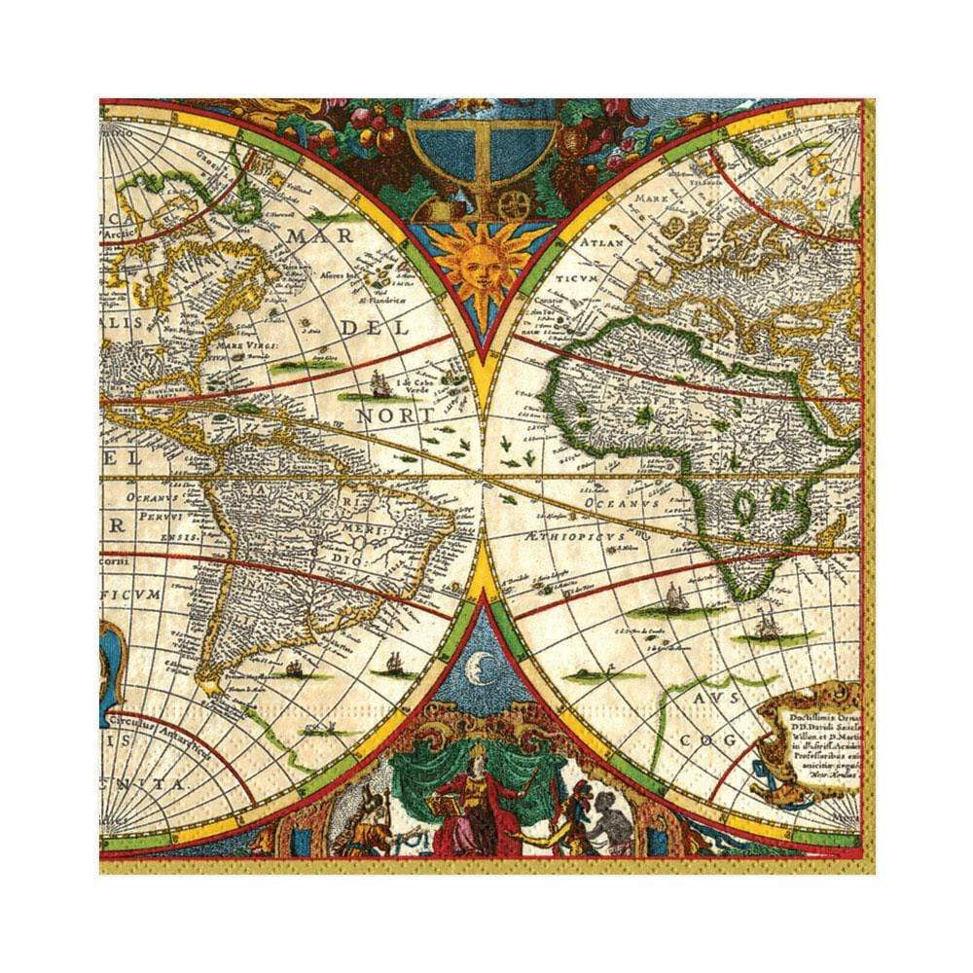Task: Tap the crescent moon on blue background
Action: tap(479, 667)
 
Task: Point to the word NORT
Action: tap(396, 415)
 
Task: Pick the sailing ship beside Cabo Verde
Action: tap(378, 387)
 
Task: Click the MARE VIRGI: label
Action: tap(250, 344)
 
